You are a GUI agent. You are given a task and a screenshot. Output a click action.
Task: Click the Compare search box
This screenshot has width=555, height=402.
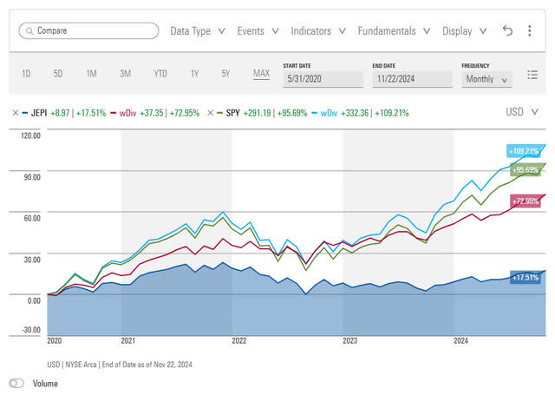88,30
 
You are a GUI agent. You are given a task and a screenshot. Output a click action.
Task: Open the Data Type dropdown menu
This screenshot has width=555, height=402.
198,30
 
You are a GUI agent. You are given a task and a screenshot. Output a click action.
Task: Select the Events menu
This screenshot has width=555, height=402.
257,30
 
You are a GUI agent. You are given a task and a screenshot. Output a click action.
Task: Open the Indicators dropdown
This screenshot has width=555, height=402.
318,30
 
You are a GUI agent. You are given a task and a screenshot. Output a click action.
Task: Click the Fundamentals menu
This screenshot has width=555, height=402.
394,30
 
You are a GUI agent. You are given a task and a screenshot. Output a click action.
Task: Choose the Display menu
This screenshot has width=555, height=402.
464,30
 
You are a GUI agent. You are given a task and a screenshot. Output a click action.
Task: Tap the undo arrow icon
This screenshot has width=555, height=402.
508,30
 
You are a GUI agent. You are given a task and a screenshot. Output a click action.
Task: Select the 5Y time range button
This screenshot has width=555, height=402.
225,74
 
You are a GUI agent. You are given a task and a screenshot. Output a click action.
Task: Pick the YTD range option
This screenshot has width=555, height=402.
160,74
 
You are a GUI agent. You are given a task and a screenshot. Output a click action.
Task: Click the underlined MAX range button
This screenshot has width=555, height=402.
261,74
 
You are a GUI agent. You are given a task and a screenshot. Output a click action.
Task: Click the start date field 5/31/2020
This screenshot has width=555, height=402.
323,79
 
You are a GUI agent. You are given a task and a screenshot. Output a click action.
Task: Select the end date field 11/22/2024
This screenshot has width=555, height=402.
412,79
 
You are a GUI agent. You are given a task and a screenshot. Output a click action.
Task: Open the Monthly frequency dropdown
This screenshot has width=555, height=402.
487,79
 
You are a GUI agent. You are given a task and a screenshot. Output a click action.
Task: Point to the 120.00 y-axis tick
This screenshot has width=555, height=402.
31,136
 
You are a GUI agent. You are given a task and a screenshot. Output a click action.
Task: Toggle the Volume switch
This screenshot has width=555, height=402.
16,383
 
